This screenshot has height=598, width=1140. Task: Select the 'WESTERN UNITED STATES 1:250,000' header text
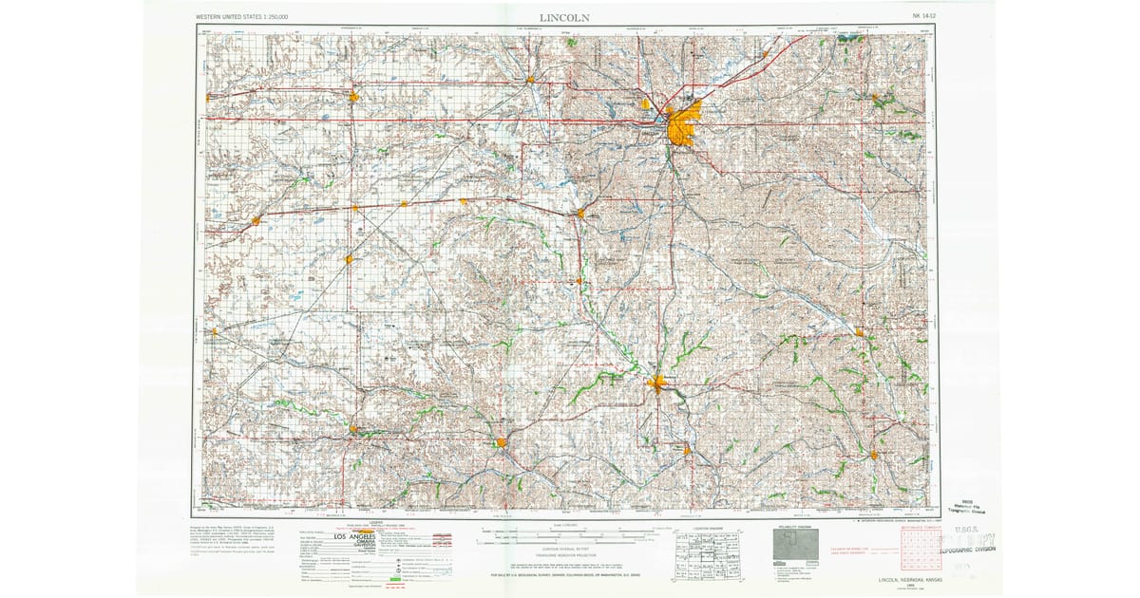click(x=241, y=17)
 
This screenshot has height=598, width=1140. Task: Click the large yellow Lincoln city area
click(x=681, y=126)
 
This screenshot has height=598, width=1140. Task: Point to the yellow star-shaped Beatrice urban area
click(x=657, y=384)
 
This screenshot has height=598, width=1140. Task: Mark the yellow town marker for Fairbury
click(x=501, y=441)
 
